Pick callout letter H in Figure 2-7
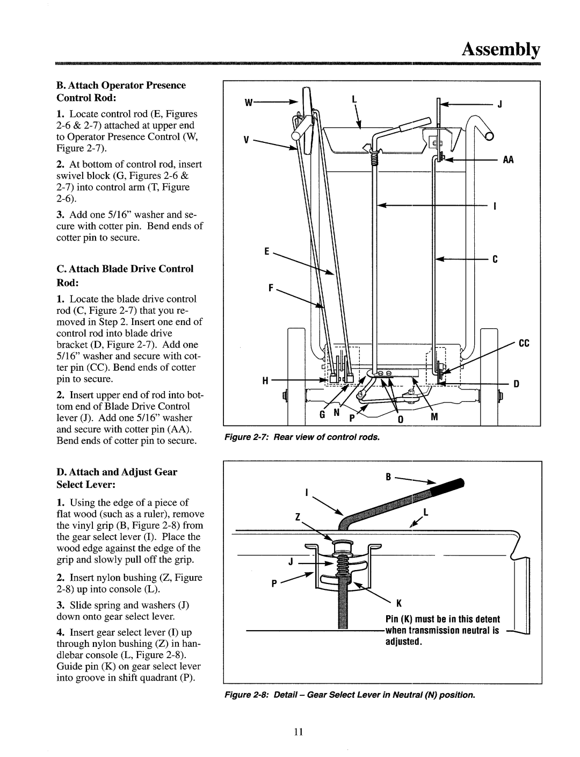[265, 381]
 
